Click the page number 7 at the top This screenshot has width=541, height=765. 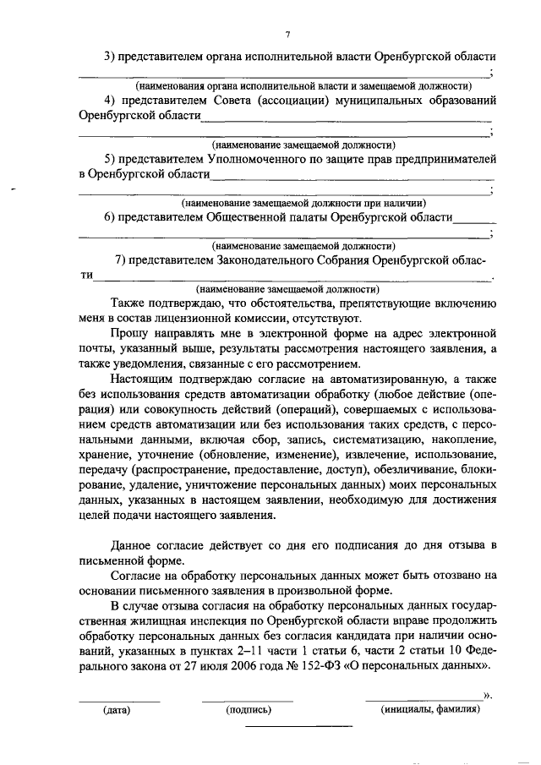click(x=287, y=35)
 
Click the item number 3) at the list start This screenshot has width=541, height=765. click(x=111, y=56)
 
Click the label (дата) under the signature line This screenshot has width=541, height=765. click(x=116, y=710)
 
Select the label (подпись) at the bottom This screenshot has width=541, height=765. click(x=249, y=710)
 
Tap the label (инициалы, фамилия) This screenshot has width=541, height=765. click(x=431, y=710)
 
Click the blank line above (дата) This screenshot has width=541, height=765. click(x=119, y=701)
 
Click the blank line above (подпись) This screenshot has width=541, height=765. click(x=248, y=701)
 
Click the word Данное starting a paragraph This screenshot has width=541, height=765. click(x=133, y=544)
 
